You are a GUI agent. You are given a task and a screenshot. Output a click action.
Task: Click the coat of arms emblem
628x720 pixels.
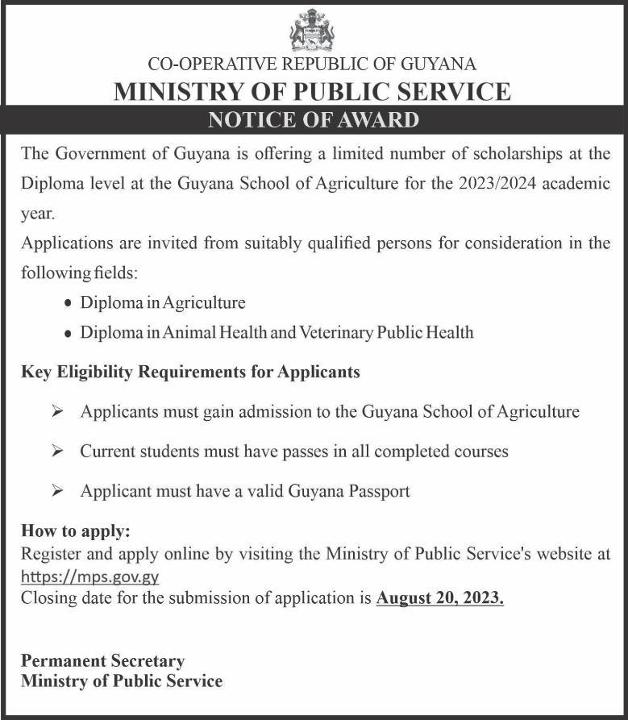click(x=312, y=31)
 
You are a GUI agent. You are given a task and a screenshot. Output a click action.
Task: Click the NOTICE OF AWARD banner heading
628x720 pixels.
click(x=314, y=120)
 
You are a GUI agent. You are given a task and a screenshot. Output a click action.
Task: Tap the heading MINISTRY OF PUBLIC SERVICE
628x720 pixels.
click(x=313, y=91)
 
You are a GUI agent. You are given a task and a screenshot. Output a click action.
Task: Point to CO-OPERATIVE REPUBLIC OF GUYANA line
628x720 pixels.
click(x=313, y=64)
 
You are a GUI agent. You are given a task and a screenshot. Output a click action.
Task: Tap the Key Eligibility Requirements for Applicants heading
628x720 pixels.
click(x=190, y=372)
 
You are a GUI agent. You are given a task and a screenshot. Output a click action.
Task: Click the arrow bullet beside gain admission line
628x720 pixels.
click(x=57, y=411)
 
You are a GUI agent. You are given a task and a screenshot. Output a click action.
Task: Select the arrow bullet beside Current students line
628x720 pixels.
click(x=57, y=451)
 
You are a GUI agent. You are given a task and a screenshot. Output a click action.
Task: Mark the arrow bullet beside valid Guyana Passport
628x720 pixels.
click(x=57, y=490)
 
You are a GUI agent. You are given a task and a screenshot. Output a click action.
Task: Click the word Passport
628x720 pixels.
click(x=376, y=490)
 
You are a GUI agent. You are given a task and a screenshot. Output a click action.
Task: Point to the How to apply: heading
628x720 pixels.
click(x=75, y=531)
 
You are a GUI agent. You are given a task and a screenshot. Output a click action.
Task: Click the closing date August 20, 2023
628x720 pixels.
click(x=439, y=598)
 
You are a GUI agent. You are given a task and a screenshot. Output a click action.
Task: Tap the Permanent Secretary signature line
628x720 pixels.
click(x=102, y=661)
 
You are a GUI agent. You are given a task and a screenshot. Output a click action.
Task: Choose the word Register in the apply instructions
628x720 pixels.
click(x=50, y=554)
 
